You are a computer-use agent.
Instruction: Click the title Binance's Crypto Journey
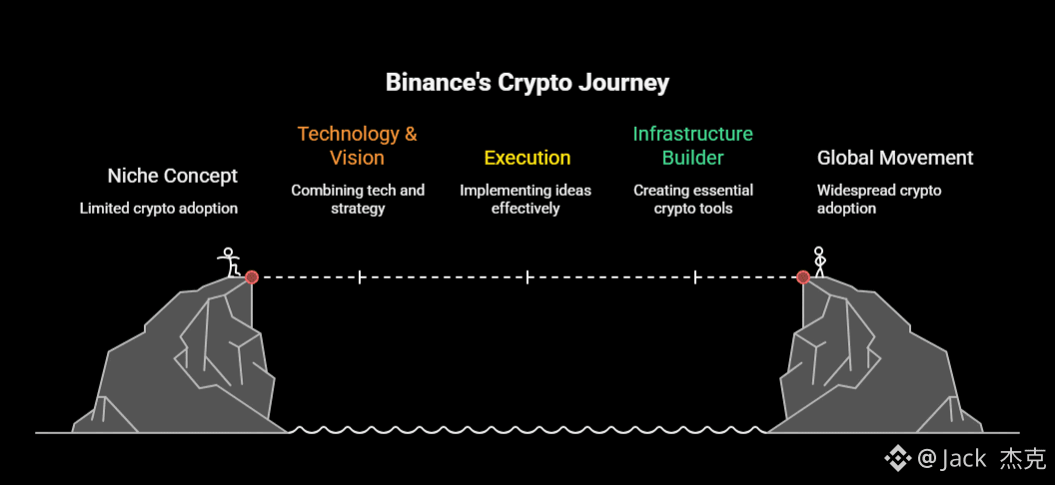527,82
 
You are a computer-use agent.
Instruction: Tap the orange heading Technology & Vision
357,146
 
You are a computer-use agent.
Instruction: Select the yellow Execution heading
527,158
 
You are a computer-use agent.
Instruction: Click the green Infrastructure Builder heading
692,146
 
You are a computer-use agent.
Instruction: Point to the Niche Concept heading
173,177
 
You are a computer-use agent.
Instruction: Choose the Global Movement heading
895,158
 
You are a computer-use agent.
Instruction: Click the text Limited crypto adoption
159,209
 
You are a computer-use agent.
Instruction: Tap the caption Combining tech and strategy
358,199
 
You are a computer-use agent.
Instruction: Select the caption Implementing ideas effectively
526,199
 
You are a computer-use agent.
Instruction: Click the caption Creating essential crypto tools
693,199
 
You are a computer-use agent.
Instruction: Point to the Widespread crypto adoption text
879,199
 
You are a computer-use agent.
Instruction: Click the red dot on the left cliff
252,277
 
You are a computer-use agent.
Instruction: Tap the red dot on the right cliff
803,277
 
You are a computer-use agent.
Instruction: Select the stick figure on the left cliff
230,262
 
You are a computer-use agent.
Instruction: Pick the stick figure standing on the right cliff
820,261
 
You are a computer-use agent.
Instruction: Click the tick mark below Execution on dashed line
527,277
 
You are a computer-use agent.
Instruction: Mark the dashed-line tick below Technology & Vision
360,277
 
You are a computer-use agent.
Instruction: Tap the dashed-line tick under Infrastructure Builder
695,277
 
